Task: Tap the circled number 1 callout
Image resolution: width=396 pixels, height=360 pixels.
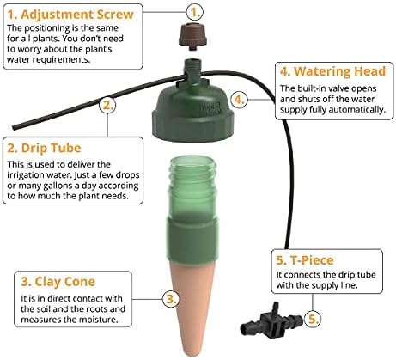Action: [x=195, y=12]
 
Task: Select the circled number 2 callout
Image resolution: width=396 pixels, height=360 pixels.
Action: [x=107, y=105]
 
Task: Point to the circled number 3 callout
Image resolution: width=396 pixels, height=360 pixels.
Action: [x=171, y=299]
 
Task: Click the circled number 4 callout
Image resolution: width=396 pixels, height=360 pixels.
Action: [x=240, y=99]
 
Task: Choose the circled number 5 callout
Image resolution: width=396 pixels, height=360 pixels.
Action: [x=313, y=319]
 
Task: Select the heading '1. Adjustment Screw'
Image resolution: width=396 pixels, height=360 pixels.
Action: [x=70, y=15]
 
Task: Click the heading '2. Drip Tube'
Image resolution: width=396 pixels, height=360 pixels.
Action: [x=44, y=148]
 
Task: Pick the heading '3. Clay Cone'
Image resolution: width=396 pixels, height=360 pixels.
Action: [x=58, y=282]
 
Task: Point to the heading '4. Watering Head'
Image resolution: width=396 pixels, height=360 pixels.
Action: [x=332, y=71]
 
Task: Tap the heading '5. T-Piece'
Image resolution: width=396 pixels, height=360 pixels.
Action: [x=305, y=260]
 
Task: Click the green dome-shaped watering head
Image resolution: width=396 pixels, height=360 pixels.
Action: [x=193, y=113]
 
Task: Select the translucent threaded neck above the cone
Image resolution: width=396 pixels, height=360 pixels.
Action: [x=192, y=187]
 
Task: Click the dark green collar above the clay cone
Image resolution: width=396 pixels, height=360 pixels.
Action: [x=192, y=240]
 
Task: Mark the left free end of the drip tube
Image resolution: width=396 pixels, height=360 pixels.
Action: [x=14, y=127]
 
